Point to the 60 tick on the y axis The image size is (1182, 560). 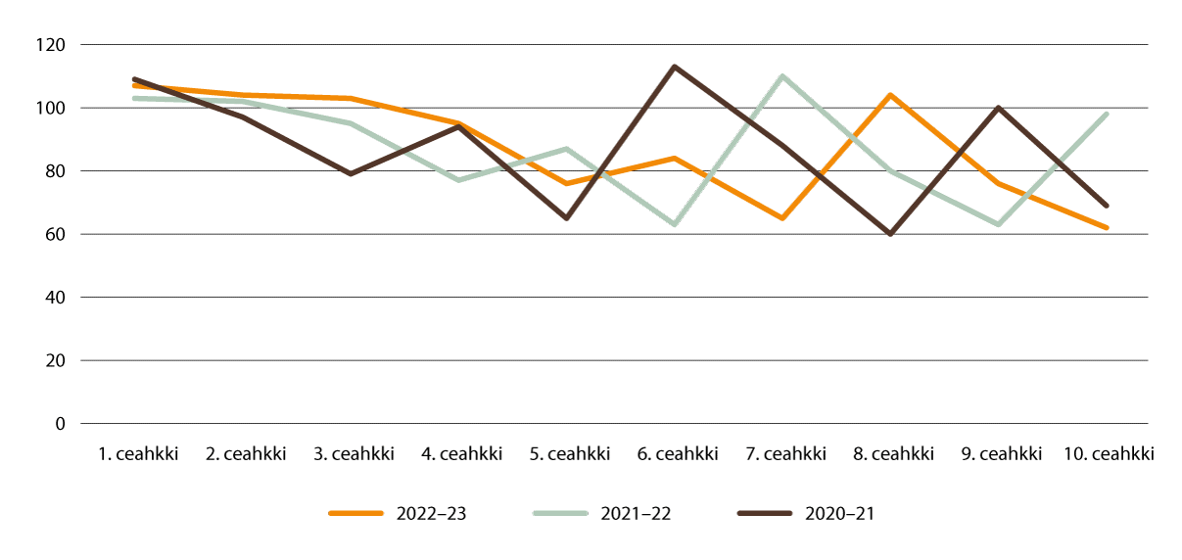click(54, 234)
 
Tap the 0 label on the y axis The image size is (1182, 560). click(59, 424)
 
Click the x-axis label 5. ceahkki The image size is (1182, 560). click(569, 454)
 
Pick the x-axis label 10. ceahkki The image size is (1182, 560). click(1108, 454)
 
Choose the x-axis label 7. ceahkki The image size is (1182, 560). click(784, 454)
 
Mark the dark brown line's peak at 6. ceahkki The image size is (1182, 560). click(675, 67)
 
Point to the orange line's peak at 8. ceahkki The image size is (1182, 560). click(890, 95)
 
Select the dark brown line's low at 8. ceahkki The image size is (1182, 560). click(890, 234)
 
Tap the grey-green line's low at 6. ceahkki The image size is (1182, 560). click(675, 225)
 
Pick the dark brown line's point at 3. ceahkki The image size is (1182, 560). click(351, 174)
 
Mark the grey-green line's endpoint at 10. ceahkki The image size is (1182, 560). click(1107, 114)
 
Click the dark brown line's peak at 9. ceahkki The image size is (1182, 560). click(999, 108)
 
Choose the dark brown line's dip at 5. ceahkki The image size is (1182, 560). click(566, 218)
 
